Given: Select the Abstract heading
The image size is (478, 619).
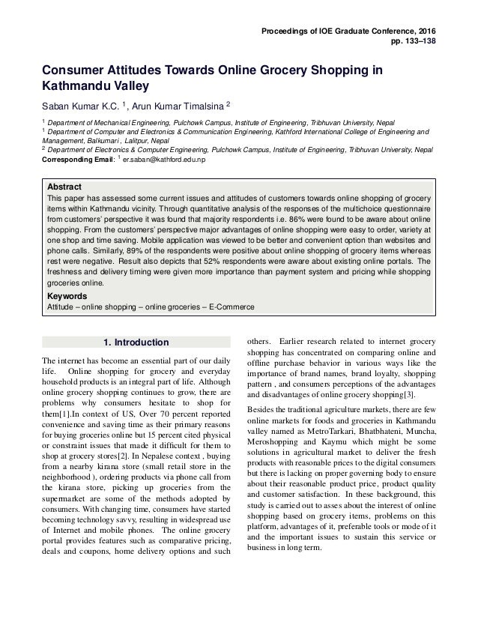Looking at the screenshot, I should point(64,186).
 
